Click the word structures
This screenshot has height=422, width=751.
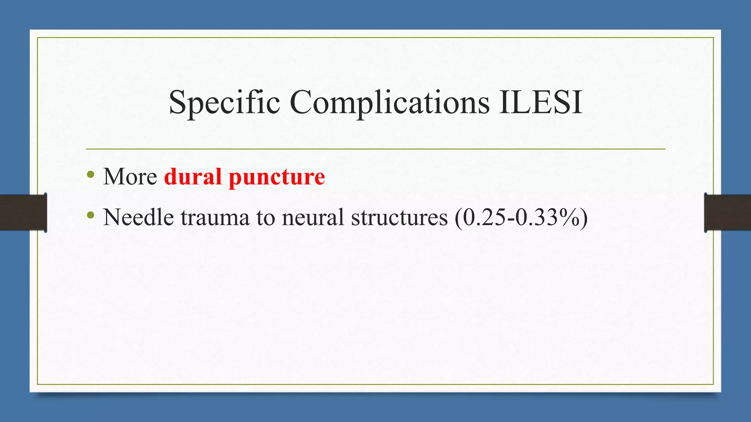click(x=399, y=218)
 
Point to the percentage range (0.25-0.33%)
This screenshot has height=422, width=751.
click(x=521, y=218)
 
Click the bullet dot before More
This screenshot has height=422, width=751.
click(x=91, y=174)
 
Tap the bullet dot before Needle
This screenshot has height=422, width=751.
click(x=91, y=215)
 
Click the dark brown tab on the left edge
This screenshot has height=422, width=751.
click(x=23, y=212)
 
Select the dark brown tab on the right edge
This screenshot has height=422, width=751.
click(x=728, y=212)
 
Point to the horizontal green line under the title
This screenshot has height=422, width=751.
click(x=375, y=149)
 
